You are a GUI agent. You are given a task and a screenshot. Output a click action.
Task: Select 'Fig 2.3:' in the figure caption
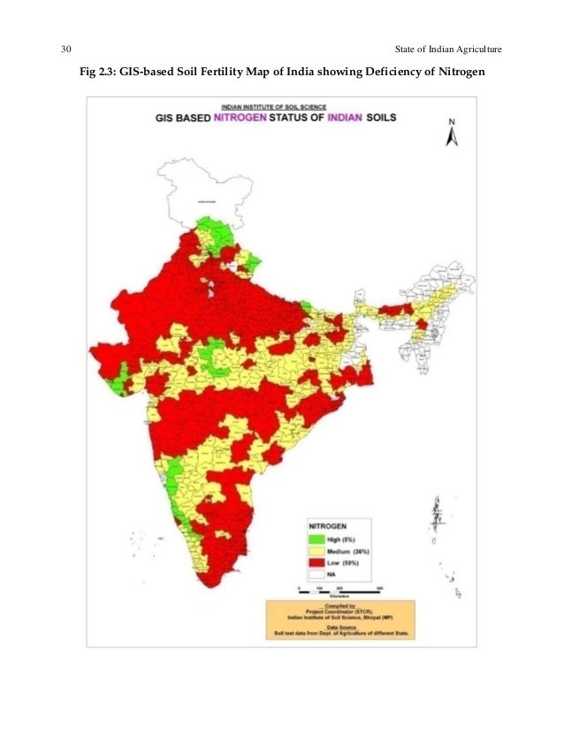[100, 71]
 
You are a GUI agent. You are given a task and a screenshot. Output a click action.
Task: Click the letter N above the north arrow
[451, 120]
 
